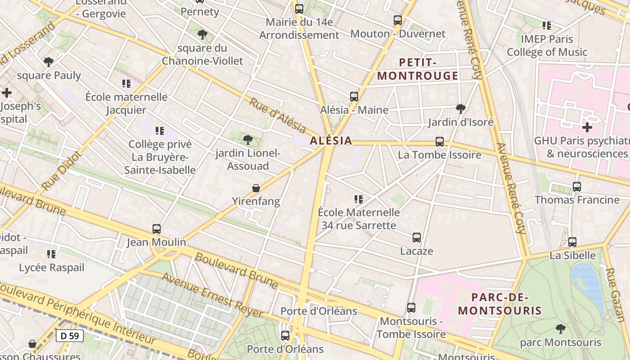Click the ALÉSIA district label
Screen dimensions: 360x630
coord(331,140)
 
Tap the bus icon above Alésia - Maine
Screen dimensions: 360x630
coord(354,97)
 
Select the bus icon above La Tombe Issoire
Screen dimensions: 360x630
coord(440,142)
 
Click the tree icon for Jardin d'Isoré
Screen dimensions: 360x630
coord(460,108)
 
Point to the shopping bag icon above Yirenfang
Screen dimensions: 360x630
coord(256,188)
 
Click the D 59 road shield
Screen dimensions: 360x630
coord(70,335)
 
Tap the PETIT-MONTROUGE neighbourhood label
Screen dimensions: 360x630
coord(418,69)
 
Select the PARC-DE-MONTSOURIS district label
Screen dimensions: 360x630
coord(499,304)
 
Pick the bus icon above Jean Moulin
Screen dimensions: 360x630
coord(157,229)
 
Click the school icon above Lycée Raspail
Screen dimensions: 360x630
coord(51,254)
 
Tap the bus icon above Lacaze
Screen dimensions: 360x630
coord(417,238)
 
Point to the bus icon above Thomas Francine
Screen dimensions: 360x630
coord(577,187)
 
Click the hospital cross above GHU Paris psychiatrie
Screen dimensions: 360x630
coord(587,127)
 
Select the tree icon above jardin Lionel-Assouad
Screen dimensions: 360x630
coord(247,140)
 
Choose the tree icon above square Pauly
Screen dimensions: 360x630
coord(49,62)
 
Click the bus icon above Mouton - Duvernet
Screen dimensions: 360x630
coord(397,20)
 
